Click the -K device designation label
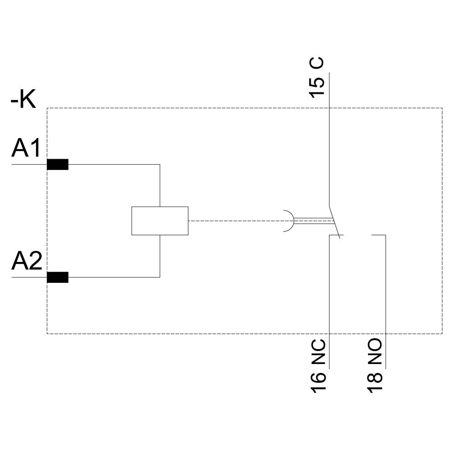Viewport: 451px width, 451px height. [23, 100]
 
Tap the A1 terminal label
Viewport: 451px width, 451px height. [26, 148]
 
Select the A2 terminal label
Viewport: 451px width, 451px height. [26, 261]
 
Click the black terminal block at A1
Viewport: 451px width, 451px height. [58, 165]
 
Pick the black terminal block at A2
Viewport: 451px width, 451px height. [58, 277]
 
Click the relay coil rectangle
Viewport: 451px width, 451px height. [160, 221]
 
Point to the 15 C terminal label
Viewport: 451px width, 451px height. [317, 78]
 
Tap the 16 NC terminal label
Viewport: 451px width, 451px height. [318, 366]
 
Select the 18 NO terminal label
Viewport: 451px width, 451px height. [375, 366]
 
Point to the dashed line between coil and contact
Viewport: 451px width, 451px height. [235, 221]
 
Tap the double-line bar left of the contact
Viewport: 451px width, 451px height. [313, 221]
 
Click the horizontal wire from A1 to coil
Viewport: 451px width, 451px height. [113, 165]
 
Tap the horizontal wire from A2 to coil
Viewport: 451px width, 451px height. [113, 277]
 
